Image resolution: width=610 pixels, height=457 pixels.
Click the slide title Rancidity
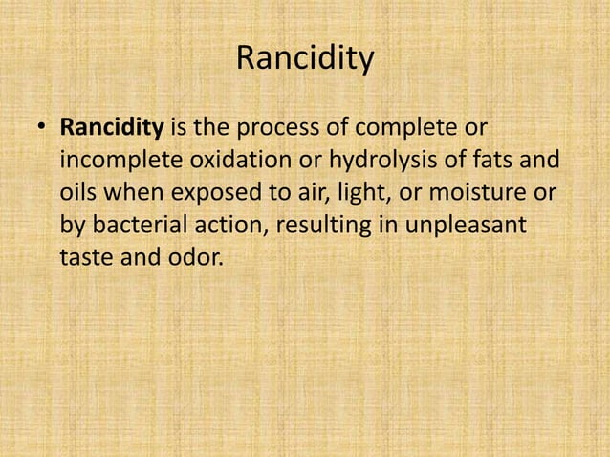pyautogui.click(x=304, y=60)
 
